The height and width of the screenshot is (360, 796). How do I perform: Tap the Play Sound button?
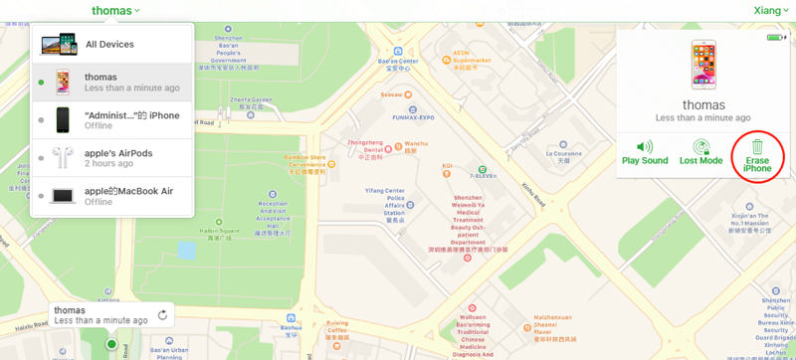pyautogui.click(x=645, y=152)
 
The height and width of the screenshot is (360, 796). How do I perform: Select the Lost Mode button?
pyautogui.click(x=700, y=152)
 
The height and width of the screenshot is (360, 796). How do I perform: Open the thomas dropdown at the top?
pyautogui.click(x=115, y=10)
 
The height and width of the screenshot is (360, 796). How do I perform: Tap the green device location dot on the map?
pyautogui.click(x=111, y=345)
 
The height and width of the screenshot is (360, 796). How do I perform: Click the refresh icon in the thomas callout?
pyautogui.click(x=162, y=316)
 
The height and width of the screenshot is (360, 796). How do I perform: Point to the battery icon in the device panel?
pyautogui.click(x=775, y=38)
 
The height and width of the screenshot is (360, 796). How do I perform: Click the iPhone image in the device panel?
pyautogui.click(x=703, y=65)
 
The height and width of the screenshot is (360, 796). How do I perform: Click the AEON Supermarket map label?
pyautogui.click(x=473, y=55)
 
